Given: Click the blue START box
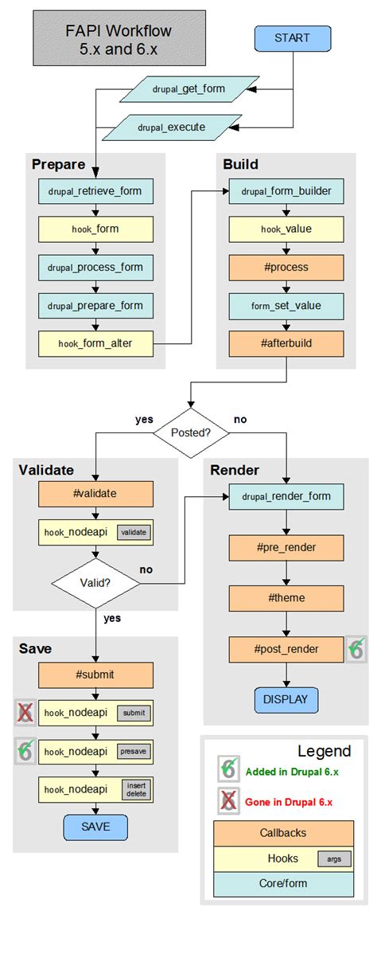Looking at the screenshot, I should [291, 38].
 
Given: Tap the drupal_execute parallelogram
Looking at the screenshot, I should [170, 126].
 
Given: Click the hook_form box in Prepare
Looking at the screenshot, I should [95, 229].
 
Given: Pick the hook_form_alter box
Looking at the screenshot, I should [95, 343].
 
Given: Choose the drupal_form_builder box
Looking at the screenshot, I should [286, 191].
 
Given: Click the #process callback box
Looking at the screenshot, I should [286, 267].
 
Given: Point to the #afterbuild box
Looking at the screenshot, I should [286, 343].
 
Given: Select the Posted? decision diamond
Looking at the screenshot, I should [190, 432].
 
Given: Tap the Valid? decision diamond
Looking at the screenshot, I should [95, 582].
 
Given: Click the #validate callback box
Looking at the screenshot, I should [95, 494].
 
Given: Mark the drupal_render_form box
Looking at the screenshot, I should [286, 498].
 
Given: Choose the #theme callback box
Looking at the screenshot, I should [286, 598].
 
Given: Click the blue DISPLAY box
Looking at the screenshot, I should [286, 700].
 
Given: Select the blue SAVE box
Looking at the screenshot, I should [95, 827].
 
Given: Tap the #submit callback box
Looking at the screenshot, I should [95, 675].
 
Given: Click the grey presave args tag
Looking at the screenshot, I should [134, 751].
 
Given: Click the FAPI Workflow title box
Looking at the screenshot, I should [119, 38].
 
